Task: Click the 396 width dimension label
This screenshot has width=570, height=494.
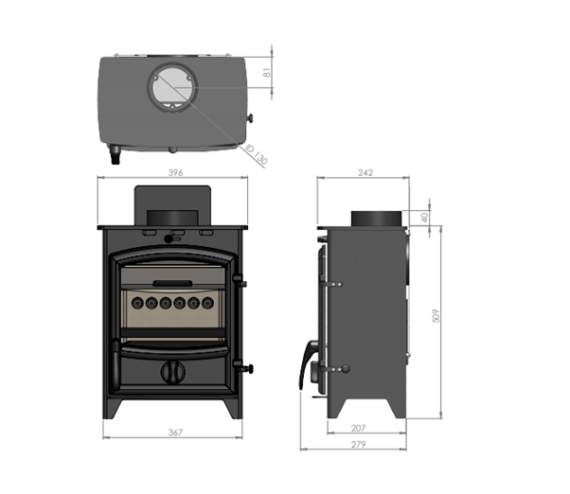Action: (175, 172)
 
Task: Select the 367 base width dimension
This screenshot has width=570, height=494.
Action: (175, 432)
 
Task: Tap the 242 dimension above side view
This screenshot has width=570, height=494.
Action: (365, 172)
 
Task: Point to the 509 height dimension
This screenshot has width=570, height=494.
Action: (436, 316)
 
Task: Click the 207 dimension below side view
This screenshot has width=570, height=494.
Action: (358, 429)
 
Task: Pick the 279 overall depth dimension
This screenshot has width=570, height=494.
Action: (359, 444)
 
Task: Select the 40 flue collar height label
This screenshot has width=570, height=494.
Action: (424, 218)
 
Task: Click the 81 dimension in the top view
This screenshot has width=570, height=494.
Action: (267, 73)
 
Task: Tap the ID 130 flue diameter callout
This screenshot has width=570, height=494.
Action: (257, 154)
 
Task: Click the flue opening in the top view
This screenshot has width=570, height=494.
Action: (172, 88)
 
